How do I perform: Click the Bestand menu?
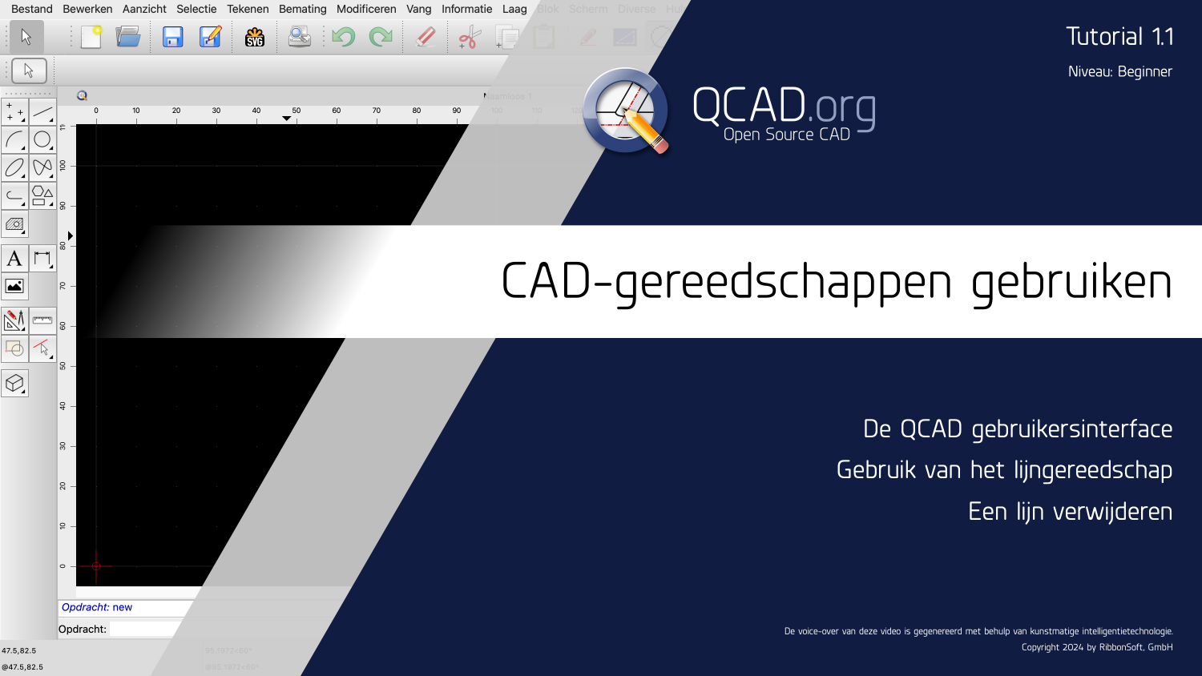pyautogui.click(x=31, y=9)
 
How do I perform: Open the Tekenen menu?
pyautogui.click(x=248, y=9)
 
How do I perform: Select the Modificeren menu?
pyautogui.click(x=366, y=9)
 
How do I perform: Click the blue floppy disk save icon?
pyautogui.click(x=172, y=37)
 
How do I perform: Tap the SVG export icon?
pyautogui.click(x=255, y=37)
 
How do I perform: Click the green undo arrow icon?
pyautogui.click(x=344, y=37)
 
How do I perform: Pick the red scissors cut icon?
pyautogui.click(x=469, y=37)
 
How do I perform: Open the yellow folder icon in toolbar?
pyautogui.click(x=128, y=37)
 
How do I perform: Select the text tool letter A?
pyautogui.click(x=14, y=259)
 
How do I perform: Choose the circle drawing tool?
pyautogui.click(x=42, y=140)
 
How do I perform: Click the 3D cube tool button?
pyautogui.click(x=14, y=384)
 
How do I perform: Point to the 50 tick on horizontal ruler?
pyautogui.click(x=296, y=116)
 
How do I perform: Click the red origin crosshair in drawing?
pyautogui.click(x=96, y=566)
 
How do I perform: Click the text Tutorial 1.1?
pyautogui.click(x=1119, y=37)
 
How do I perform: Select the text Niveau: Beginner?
pyautogui.click(x=1119, y=71)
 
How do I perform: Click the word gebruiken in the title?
pyautogui.click(x=1071, y=282)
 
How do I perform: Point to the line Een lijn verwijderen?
pyautogui.click(x=1070, y=511)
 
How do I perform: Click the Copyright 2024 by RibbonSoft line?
pyautogui.click(x=1096, y=647)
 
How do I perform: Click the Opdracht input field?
pyautogui.click(x=144, y=630)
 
